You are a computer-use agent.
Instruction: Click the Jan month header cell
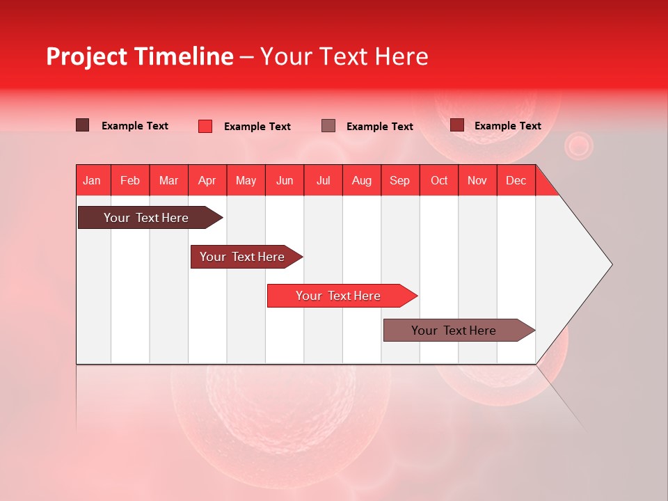pyautogui.click(x=93, y=180)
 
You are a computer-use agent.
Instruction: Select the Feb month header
pyautogui.click(x=130, y=180)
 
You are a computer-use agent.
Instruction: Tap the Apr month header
pyautogui.click(x=207, y=180)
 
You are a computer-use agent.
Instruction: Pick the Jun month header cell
pyautogui.click(x=285, y=180)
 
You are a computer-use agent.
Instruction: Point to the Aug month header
pyautogui.click(x=362, y=180)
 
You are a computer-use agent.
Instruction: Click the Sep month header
pyautogui.click(x=400, y=180)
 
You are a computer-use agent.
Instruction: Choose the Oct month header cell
pyautogui.click(x=439, y=180)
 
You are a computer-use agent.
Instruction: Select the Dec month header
pyautogui.click(x=516, y=180)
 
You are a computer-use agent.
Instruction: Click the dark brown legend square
pyautogui.click(x=83, y=125)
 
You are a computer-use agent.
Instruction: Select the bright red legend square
pyautogui.click(x=205, y=126)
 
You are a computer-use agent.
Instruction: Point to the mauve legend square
pyautogui.click(x=328, y=125)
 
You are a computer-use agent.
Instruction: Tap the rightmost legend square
pyautogui.click(x=457, y=125)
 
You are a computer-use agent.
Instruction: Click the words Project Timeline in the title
pyautogui.click(x=140, y=56)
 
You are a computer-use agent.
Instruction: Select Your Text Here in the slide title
pyautogui.click(x=344, y=56)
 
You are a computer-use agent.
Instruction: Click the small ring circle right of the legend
pyautogui.click(x=578, y=146)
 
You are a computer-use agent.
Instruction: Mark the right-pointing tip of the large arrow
pyautogui.click(x=610, y=264)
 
